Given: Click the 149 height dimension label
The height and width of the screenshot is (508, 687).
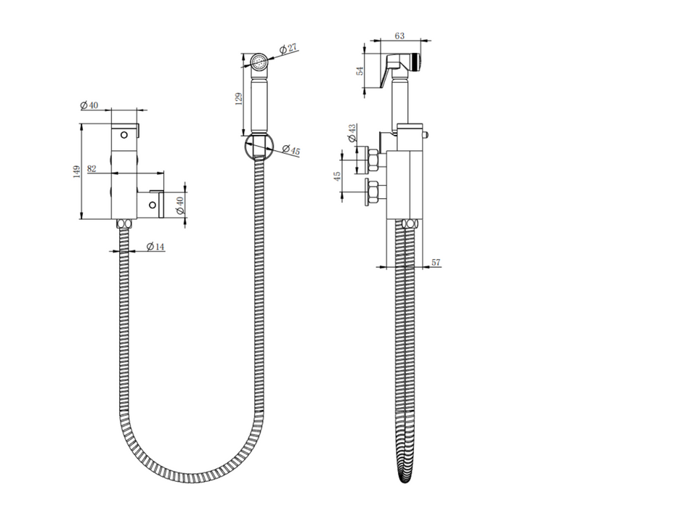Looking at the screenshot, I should (76, 171).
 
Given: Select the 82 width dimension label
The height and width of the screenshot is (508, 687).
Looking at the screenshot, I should (92, 168).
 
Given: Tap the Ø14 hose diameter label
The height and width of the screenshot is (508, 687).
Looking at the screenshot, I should (155, 247).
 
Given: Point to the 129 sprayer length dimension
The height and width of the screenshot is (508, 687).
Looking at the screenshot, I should (239, 99).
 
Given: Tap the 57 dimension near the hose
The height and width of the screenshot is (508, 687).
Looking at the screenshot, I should (436, 262).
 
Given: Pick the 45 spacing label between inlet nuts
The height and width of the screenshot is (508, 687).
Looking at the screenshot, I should (336, 179).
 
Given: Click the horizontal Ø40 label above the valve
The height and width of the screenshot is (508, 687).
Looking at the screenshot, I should (89, 105).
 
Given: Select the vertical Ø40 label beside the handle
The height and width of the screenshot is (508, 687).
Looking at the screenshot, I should (180, 205).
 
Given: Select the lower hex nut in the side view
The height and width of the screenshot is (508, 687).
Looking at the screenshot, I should (375, 192).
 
